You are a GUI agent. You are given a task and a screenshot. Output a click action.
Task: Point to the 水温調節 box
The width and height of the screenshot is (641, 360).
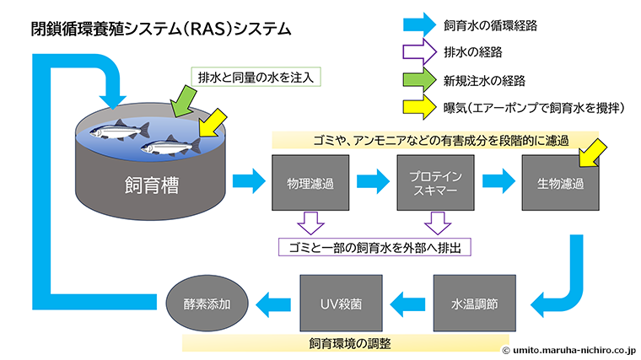click(469, 302)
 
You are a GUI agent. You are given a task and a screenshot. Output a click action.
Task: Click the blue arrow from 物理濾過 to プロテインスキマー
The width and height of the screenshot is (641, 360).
click(369, 180)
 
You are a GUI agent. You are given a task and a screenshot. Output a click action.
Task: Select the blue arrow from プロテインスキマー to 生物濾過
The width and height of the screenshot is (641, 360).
click(494, 180)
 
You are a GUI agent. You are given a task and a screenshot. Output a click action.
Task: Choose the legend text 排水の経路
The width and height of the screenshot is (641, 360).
click(472, 52)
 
